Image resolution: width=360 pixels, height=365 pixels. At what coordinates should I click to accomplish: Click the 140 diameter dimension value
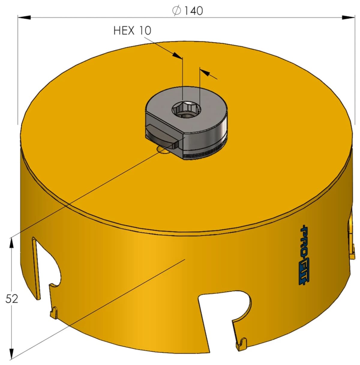[x=193, y=11]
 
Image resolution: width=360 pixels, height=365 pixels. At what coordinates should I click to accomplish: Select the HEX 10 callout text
[x=132, y=31]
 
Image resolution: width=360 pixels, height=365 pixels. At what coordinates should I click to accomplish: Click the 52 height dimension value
[x=12, y=299]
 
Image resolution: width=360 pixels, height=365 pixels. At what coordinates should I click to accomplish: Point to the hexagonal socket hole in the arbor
[x=186, y=110]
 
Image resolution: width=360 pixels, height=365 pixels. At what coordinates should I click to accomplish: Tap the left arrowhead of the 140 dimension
[x=24, y=17]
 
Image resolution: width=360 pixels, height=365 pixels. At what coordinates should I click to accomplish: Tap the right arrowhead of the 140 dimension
[x=348, y=17]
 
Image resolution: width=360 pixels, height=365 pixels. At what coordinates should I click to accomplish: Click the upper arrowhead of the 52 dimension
[x=12, y=243]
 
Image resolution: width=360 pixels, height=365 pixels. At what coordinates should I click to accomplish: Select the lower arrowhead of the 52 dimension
[x=12, y=353]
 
